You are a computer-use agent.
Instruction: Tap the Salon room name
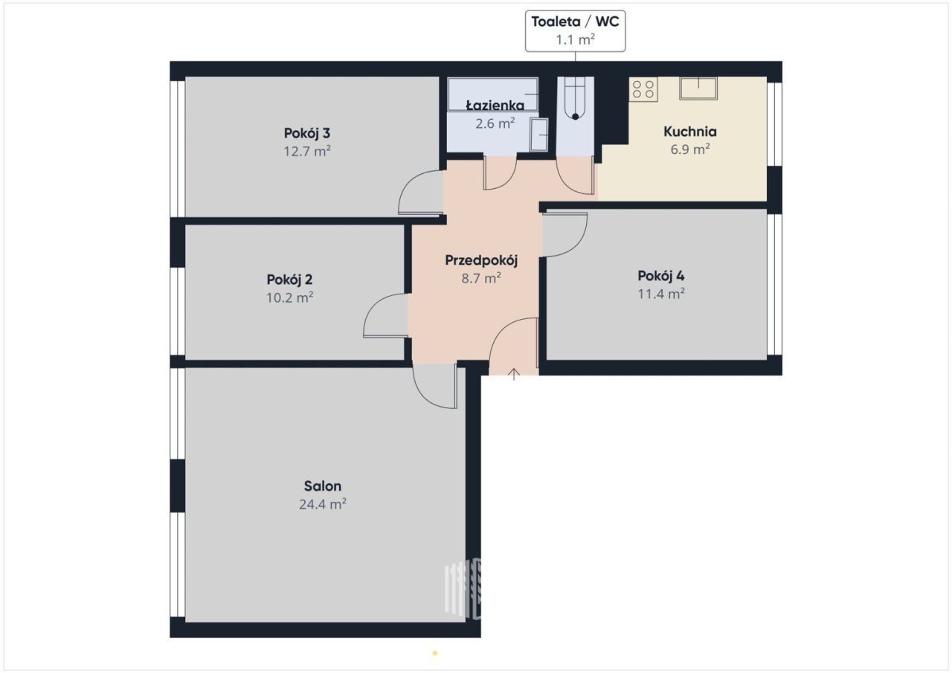click(x=322, y=486)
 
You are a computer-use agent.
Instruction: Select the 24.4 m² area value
click(x=322, y=504)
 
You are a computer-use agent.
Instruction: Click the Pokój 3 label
click(x=307, y=133)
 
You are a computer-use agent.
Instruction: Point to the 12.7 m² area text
click(x=307, y=151)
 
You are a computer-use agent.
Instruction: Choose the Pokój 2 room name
click(x=289, y=280)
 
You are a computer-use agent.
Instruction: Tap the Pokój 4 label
click(x=661, y=276)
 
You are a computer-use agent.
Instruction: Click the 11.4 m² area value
click(x=661, y=294)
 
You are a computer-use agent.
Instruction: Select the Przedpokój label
click(x=481, y=260)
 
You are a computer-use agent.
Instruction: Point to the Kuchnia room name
click(x=689, y=132)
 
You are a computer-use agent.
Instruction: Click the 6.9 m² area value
click(x=689, y=149)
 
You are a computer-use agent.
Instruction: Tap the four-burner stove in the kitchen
click(x=643, y=89)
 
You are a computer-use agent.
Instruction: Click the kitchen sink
click(x=698, y=88)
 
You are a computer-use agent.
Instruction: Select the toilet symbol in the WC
click(x=575, y=99)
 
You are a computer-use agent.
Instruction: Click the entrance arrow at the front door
click(x=514, y=373)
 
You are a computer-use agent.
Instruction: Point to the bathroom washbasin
click(x=539, y=135)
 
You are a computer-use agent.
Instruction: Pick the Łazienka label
click(x=495, y=106)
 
